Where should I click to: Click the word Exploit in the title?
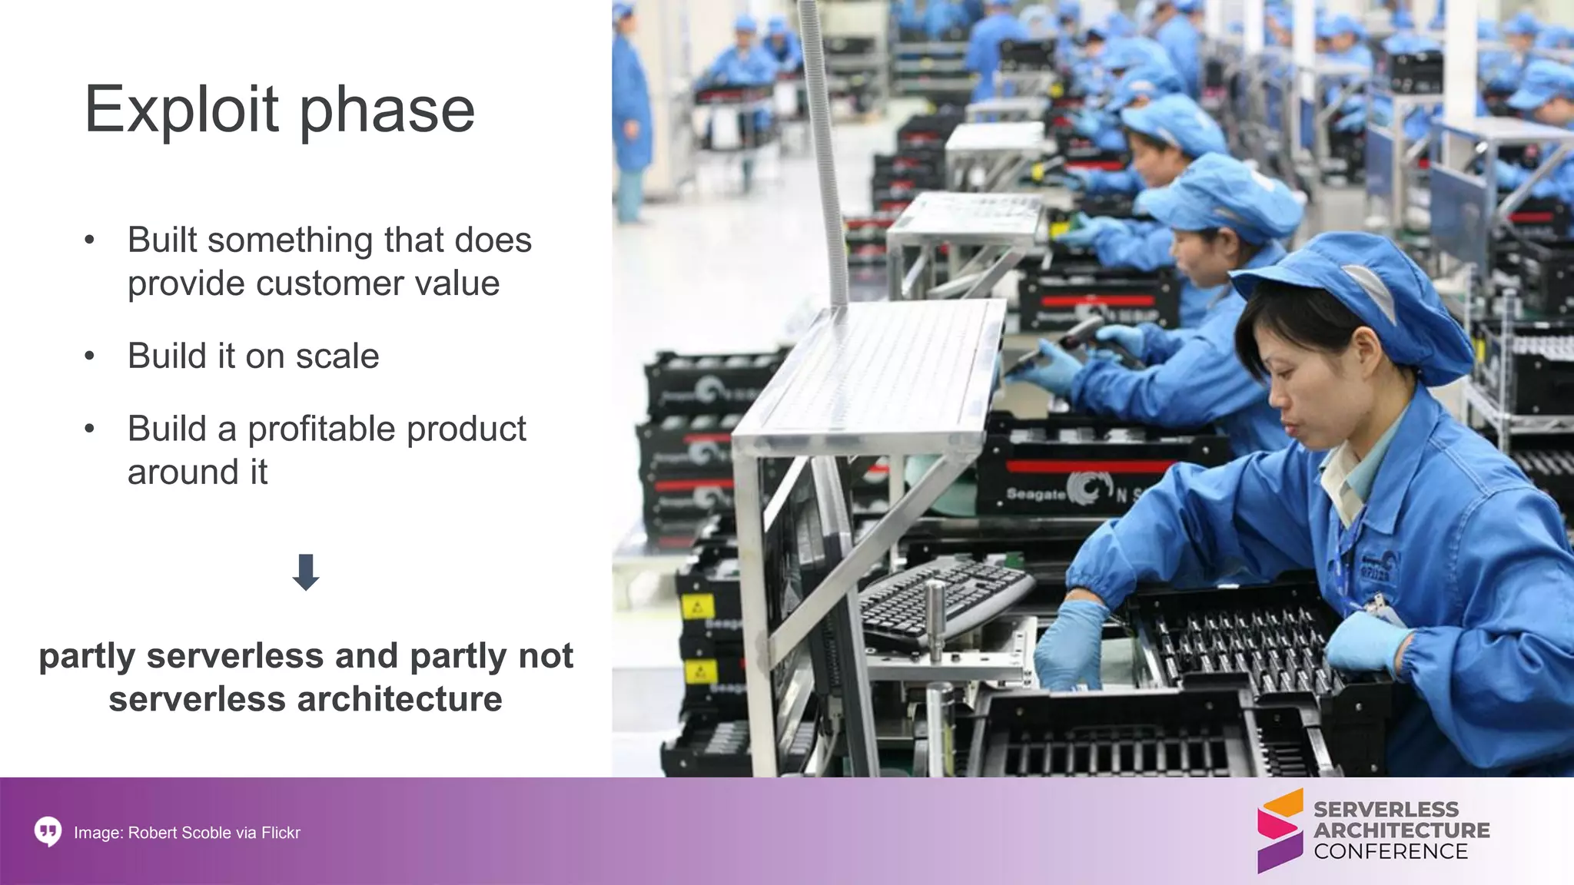(x=181, y=110)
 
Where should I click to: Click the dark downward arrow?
(x=306, y=572)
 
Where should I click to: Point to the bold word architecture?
(x=399, y=699)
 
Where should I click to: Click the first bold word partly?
(x=87, y=655)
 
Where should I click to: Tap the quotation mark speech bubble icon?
(x=48, y=832)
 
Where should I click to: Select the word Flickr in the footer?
(x=281, y=833)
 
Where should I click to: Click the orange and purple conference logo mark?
(x=1280, y=830)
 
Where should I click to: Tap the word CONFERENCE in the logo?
(x=1390, y=852)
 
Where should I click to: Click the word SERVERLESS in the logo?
(x=1386, y=810)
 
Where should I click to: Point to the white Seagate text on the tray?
(x=1034, y=494)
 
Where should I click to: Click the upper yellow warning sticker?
(x=697, y=608)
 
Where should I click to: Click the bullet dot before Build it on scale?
(x=90, y=356)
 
